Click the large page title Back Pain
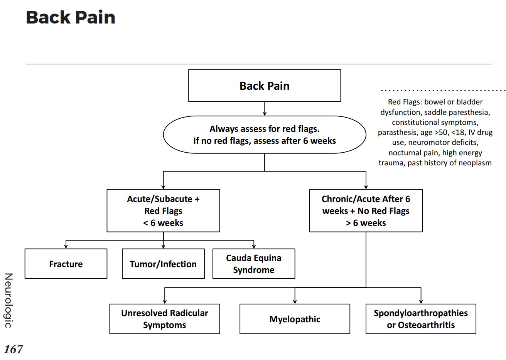point(71,18)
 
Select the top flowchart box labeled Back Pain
point(264,86)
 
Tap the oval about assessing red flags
point(264,135)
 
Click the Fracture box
point(66,264)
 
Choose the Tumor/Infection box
point(163,264)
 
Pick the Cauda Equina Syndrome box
point(253,264)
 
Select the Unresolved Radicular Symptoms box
point(164,319)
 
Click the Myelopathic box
point(295,319)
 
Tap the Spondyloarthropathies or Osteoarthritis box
point(420,319)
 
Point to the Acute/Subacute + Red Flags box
point(163,210)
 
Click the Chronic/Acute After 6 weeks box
point(366,210)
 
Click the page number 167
point(13,349)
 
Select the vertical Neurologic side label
point(8,300)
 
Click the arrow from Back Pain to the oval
point(265,109)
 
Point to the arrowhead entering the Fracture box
point(66,246)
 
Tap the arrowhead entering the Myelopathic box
point(295,301)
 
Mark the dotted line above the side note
point(443,91)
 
